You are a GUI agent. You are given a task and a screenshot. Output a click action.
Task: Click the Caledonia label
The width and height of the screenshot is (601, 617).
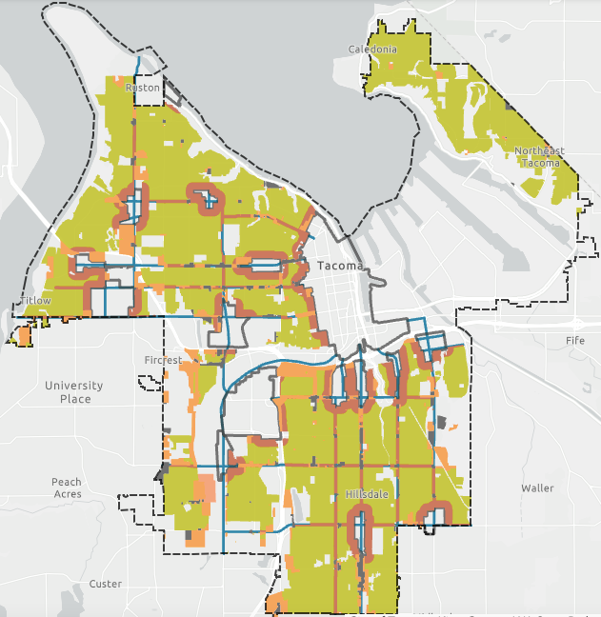[371, 49]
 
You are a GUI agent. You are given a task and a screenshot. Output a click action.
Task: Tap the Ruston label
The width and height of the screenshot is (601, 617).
[143, 88]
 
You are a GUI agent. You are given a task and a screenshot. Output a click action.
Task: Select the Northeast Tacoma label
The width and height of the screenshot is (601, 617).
[538, 157]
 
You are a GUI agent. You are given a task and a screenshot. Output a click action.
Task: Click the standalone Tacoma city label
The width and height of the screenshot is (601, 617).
[341, 266]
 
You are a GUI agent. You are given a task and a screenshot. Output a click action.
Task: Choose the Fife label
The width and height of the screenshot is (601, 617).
[574, 340]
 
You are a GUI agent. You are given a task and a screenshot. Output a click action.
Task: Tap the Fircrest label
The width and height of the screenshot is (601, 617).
[161, 360]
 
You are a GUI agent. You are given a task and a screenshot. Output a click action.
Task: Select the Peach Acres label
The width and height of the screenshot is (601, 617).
[67, 488]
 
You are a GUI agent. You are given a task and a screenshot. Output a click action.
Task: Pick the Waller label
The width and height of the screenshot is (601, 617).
[537, 488]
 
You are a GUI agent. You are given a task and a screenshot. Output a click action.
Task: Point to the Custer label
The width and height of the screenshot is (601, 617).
[105, 584]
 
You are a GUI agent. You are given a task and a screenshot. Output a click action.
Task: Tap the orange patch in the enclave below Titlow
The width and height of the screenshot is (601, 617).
[19, 336]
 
